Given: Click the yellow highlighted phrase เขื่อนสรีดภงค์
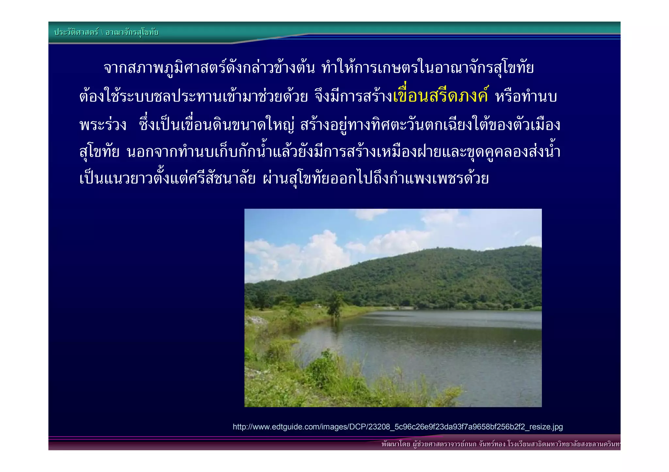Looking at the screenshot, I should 441,97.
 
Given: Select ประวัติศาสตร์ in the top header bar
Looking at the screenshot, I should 76,32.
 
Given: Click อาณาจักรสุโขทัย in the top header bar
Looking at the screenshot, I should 132,32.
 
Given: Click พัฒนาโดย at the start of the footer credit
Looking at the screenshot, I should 396,444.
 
